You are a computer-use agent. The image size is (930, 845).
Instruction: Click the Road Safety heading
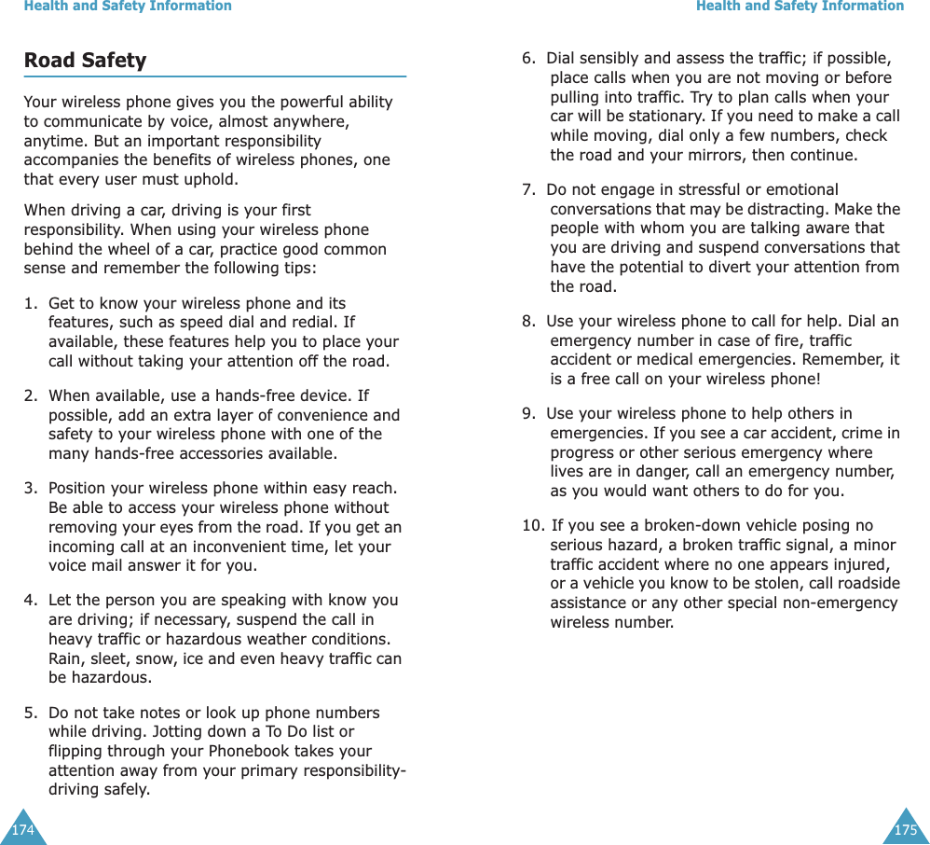tap(85, 61)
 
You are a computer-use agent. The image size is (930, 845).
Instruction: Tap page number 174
tap(21, 830)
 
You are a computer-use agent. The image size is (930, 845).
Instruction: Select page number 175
tap(905, 830)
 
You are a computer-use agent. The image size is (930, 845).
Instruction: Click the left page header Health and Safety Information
tap(128, 7)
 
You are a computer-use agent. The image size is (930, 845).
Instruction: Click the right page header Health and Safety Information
tap(800, 7)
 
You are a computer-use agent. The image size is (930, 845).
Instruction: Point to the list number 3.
tap(30, 489)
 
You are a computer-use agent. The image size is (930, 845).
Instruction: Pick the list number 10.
tap(532, 526)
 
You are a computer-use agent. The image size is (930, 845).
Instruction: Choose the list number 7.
tap(527, 190)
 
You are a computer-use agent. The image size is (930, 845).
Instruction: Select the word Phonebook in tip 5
tap(281, 752)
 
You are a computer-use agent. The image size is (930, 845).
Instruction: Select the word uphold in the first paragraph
tap(212, 179)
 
